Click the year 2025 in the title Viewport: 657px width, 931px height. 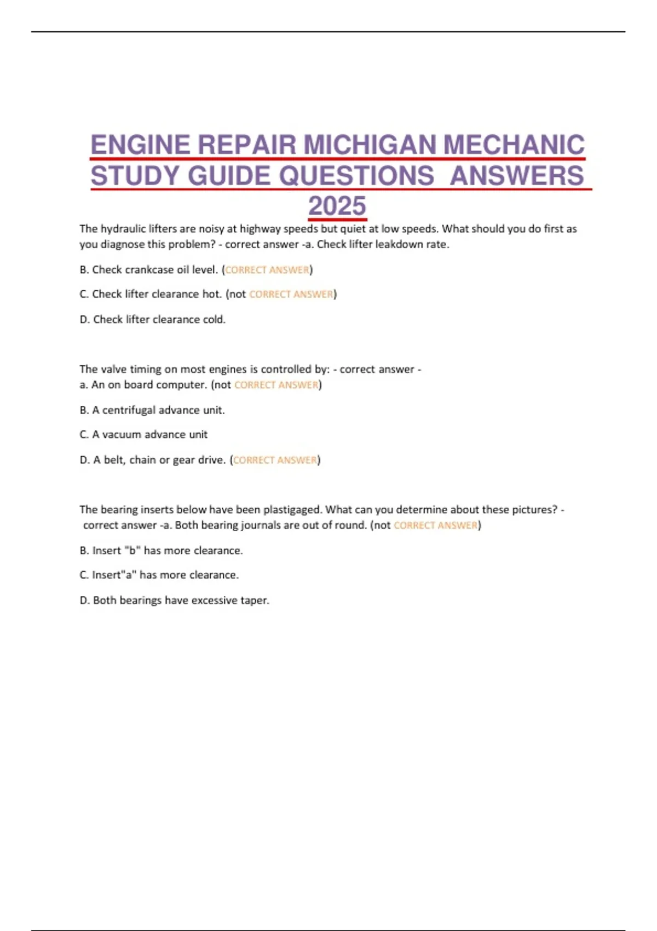tap(337, 206)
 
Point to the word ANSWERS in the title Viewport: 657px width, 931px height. tap(517, 176)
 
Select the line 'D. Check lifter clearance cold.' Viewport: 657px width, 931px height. tap(152, 319)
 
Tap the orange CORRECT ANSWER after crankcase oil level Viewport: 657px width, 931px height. tap(267, 270)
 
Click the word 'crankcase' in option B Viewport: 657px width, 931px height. tap(149, 270)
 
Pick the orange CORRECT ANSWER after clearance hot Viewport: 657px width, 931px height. tap(291, 295)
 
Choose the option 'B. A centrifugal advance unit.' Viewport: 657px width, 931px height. tap(152, 410)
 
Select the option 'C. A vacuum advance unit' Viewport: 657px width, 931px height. tap(143, 435)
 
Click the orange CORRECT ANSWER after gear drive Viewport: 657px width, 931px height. tap(275, 460)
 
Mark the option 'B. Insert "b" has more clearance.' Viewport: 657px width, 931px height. tap(161, 550)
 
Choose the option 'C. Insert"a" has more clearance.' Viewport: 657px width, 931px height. tap(159, 575)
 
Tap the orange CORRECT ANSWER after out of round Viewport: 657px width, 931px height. tap(436, 526)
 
